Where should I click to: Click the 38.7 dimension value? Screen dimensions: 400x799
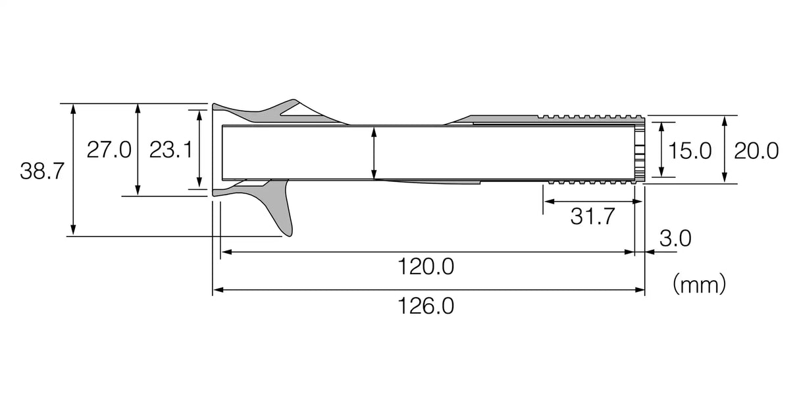[41, 172]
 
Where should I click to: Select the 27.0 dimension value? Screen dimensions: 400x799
[109, 150]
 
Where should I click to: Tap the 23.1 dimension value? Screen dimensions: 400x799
[170, 150]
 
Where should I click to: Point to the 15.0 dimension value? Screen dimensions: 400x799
[690, 151]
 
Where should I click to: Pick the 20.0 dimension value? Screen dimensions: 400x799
[756, 151]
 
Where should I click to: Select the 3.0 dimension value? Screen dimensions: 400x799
[675, 239]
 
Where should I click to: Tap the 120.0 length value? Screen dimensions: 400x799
[426, 268]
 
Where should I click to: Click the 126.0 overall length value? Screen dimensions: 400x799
[426, 306]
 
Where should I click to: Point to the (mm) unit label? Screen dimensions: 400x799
[699, 285]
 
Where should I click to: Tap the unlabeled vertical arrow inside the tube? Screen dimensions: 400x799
[374, 153]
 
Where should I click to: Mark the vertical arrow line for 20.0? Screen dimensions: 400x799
[724, 150]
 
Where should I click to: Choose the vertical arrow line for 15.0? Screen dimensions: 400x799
[661, 150]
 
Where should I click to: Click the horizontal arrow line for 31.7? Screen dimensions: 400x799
[589, 201]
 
